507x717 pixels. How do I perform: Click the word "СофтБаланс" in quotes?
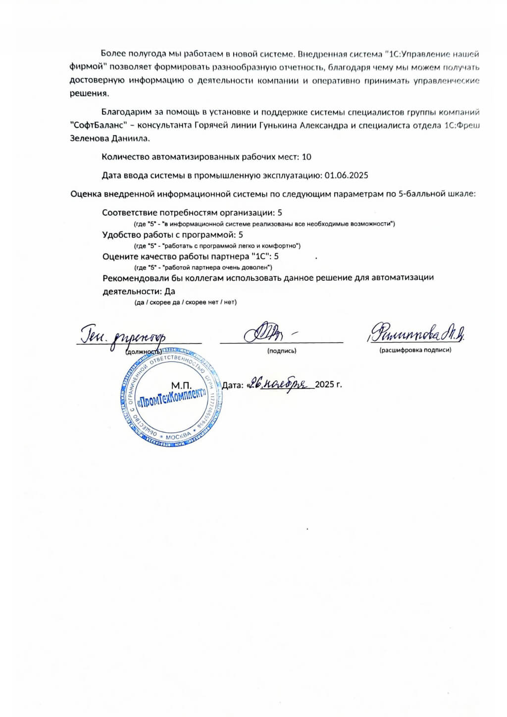pos(99,126)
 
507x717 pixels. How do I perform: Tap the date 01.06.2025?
pos(346,175)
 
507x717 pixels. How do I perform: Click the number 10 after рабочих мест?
pos(306,157)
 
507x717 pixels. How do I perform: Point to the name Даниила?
pos(130,139)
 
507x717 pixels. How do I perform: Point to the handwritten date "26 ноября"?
pos(280,383)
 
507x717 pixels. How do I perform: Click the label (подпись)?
pos(282,351)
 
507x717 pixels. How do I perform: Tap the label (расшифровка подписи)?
pos(415,350)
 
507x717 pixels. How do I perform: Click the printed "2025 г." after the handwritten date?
pos(328,384)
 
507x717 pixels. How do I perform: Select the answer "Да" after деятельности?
pos(170,291)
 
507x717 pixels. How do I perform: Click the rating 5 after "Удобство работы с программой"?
pos(241,235)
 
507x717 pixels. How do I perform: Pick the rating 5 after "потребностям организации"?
pos(280,212)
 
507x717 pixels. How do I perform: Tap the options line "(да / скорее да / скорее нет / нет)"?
pos(186,302)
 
